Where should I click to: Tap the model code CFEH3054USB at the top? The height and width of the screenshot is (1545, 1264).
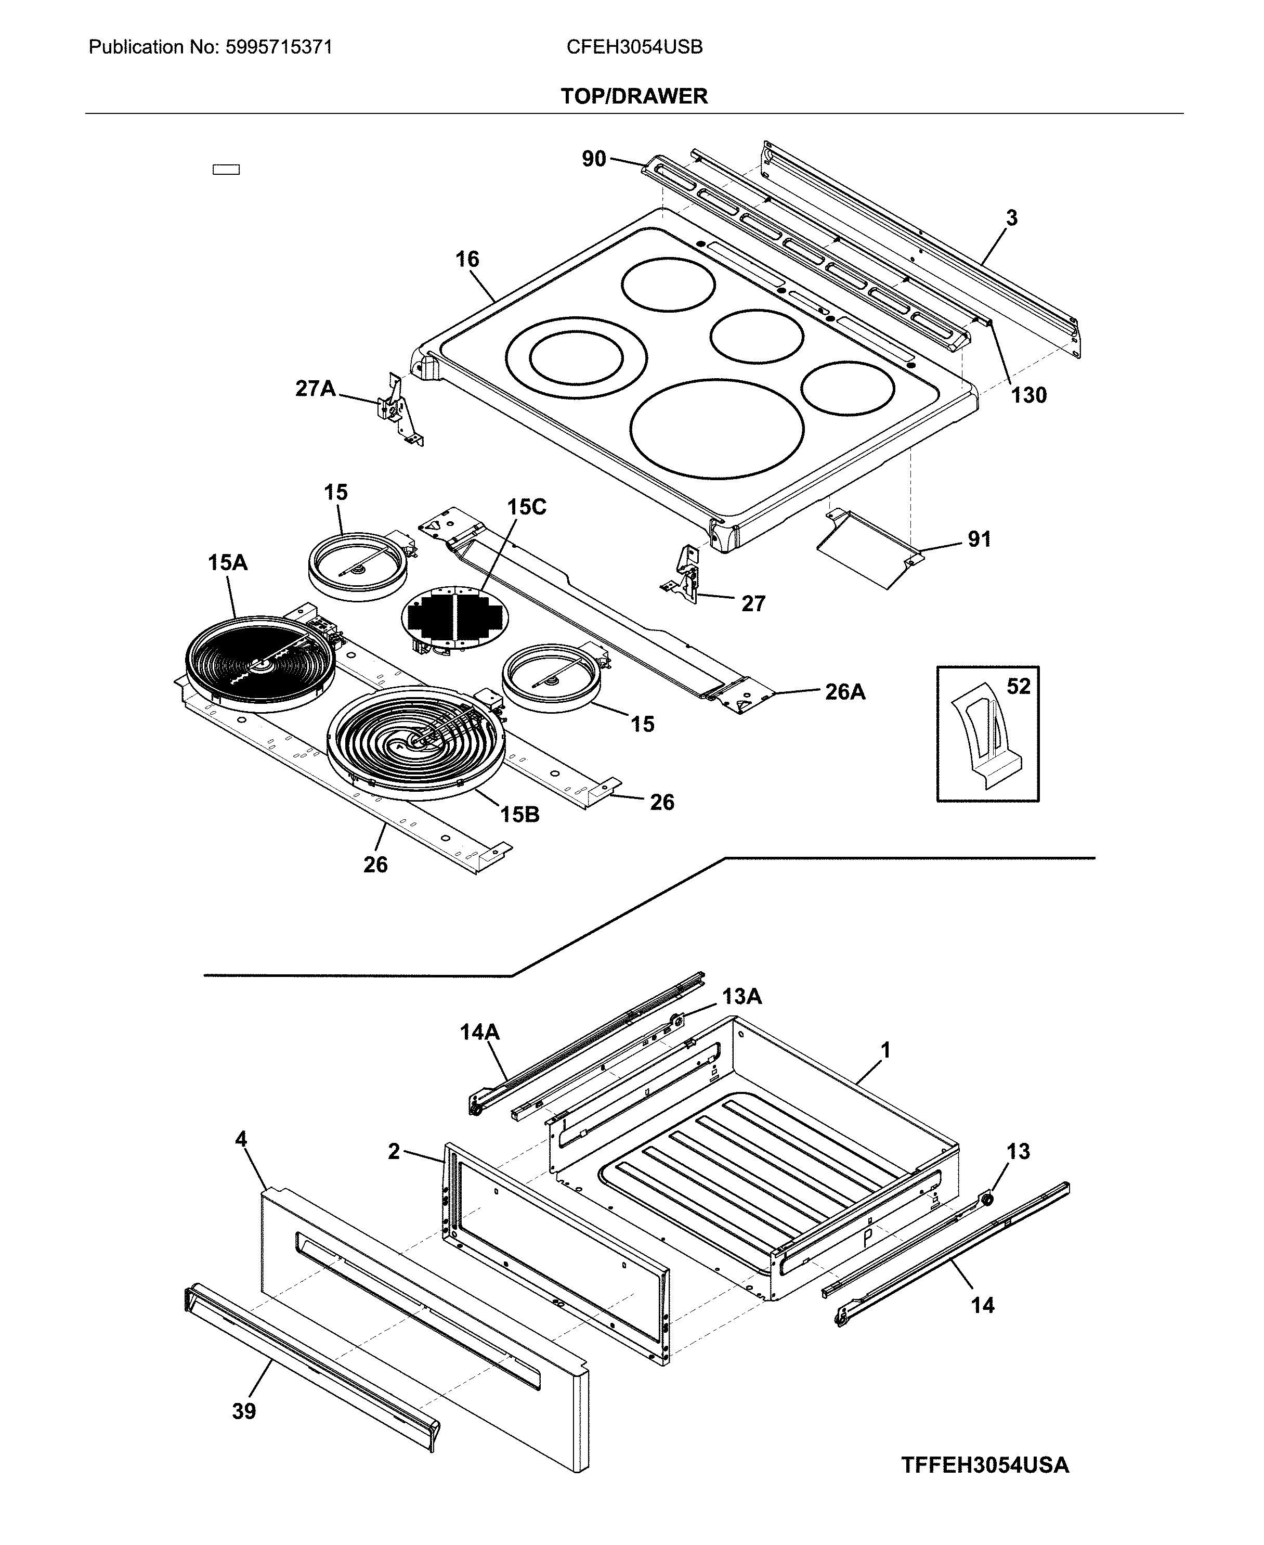(634, 47)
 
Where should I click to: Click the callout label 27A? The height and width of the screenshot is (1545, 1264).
(315, 388)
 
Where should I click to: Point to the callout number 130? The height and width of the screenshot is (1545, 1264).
(1028, 395)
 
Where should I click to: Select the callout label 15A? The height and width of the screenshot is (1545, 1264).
(227, 562)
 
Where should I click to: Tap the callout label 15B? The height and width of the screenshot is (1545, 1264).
(519, 815)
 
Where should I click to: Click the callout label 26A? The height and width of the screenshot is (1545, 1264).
(844, 692)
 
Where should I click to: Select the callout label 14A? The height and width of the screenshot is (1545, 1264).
(480, 1032)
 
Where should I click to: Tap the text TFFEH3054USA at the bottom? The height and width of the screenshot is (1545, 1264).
(984, 1465)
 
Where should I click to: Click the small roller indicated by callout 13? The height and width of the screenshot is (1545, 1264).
(988, 1199)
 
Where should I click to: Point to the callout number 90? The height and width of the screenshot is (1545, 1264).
(594, 158)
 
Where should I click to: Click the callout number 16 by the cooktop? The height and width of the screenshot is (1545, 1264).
(467, 260)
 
